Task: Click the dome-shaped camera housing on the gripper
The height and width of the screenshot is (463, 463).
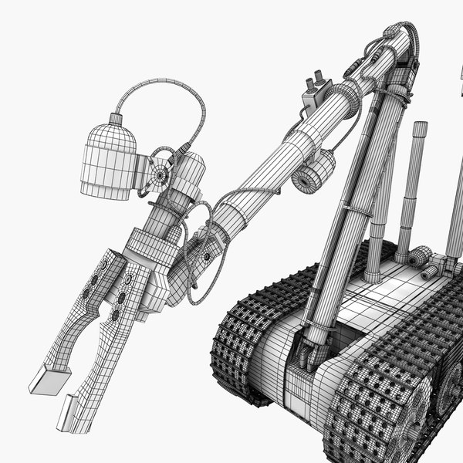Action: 108,158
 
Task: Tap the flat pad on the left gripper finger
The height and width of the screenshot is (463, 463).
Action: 49,379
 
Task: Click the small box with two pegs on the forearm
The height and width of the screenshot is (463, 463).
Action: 316,96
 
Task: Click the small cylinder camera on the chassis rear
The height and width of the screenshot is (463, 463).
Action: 420,256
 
